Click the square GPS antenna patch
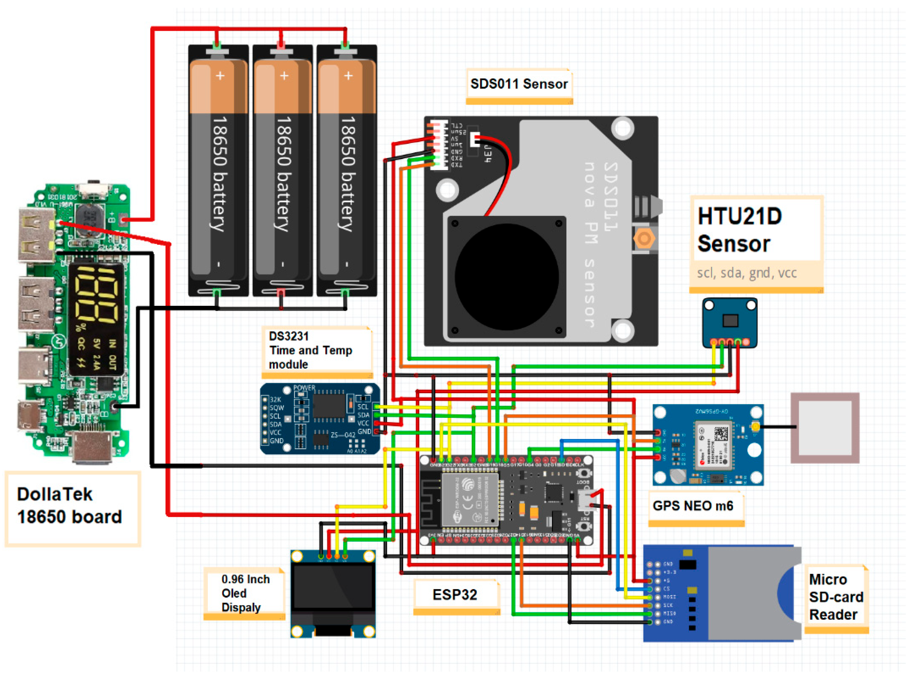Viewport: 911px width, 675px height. tap(825, 428)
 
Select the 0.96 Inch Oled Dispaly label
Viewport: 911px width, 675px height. tap(245, 593)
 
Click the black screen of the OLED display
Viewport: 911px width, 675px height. tap(333, 588)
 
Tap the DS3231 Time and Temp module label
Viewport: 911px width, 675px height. tap(310, 350)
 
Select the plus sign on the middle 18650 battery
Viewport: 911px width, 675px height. tap(284, 76)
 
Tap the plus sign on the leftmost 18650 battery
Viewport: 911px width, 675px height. tap(220, 76)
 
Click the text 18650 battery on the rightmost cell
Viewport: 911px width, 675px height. tap(348, 174)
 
